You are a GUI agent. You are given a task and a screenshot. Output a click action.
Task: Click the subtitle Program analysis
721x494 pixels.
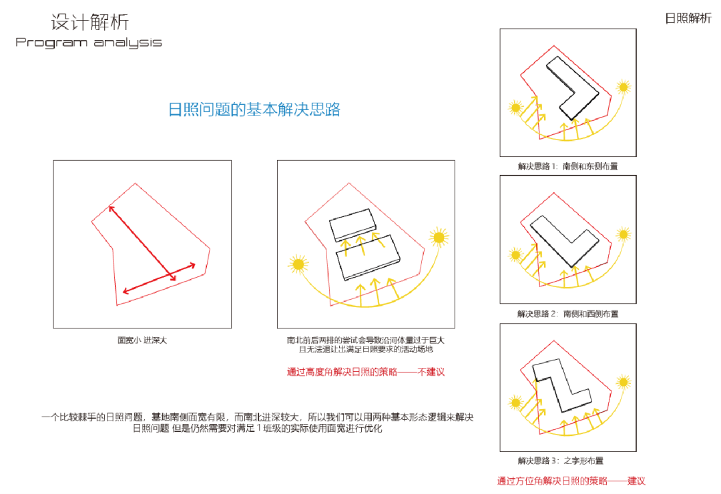89,43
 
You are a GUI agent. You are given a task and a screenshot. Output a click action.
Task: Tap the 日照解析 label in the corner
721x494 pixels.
688,19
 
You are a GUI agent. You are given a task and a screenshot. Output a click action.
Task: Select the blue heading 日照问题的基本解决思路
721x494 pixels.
254,109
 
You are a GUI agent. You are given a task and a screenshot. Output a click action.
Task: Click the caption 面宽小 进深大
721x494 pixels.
142,340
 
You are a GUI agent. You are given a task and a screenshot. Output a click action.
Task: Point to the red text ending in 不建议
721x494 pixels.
365,372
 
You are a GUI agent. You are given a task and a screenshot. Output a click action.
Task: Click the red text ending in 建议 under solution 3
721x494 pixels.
571,481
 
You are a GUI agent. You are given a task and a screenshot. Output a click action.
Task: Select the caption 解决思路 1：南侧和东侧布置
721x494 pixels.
567,166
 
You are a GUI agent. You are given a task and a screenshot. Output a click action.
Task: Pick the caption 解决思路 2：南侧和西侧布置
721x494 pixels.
567,313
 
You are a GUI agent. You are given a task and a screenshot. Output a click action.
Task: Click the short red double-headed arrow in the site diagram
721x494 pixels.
159,277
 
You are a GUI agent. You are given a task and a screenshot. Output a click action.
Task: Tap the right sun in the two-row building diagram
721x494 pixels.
439,236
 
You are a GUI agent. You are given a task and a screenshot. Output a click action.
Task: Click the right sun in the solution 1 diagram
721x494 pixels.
624,87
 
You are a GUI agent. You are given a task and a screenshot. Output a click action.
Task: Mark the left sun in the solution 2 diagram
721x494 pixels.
515,254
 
